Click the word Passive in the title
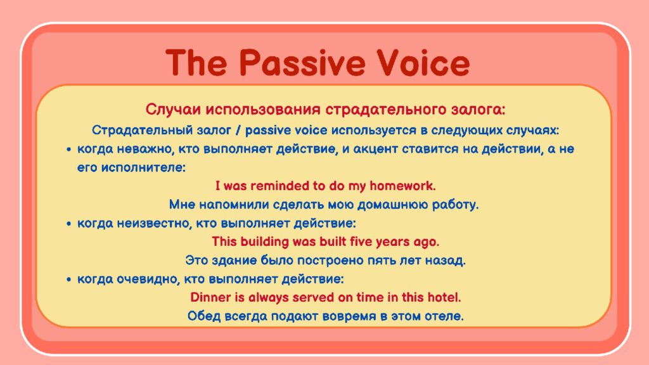[x=302, y=63]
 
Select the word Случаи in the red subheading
[x=173, y=110]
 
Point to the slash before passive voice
[x=238, y=131]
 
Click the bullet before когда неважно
[x=68, y=150]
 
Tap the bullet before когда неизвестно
[x=68, y=224]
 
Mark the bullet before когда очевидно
[x=68, y=279]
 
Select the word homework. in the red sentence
[x=402, y=186]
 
